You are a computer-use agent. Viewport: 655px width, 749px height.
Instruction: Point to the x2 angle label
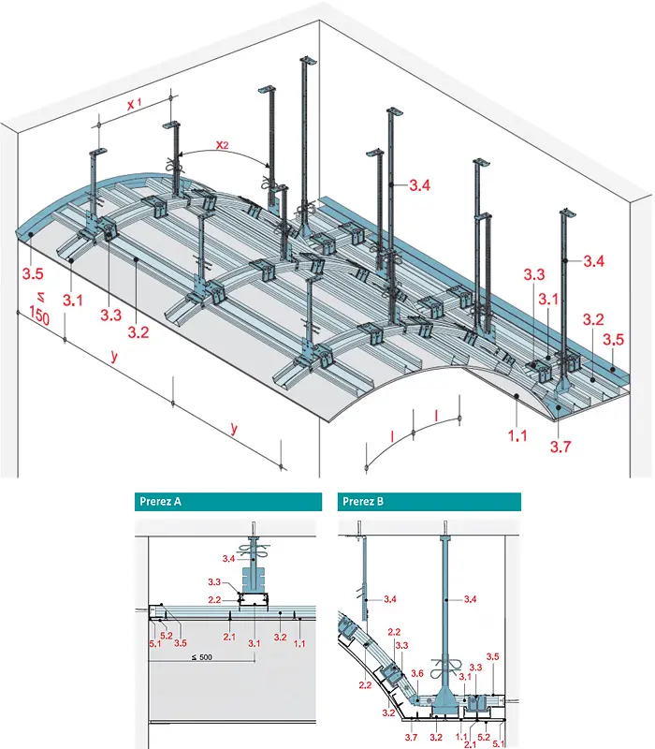click(224, 144)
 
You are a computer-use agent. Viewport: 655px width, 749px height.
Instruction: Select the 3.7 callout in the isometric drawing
click(560, 448)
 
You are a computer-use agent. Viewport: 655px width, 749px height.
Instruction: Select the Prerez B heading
click(363, 501)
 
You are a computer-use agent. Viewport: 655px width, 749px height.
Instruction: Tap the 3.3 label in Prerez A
click(213, 582)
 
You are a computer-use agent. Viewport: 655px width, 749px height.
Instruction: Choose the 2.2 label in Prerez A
click(213, 599)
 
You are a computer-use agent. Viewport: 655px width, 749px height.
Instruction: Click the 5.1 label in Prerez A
click(153, 643)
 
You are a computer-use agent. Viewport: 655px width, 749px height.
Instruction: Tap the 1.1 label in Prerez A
click(299, 643)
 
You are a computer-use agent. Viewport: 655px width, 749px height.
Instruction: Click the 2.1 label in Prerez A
click(228, 637)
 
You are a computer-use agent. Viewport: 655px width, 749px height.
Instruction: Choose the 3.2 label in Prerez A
click(278, 637)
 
